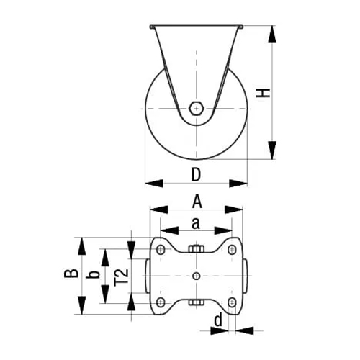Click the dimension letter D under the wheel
tap(196, 174)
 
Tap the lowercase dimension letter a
tap(196, 223)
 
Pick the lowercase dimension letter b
tap(92, 275)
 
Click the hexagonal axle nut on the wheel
tap(196, 107)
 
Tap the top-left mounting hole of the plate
tap(160, 249)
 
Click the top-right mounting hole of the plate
tap(232, 249)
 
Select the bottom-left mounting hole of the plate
tap(160, 301)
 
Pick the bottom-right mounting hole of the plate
tap(232, 301)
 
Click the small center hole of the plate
tap(196, 275)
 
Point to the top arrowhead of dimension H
tap(271, 34)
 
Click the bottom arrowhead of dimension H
tap(271, 152)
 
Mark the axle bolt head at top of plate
tap(196, 250)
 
